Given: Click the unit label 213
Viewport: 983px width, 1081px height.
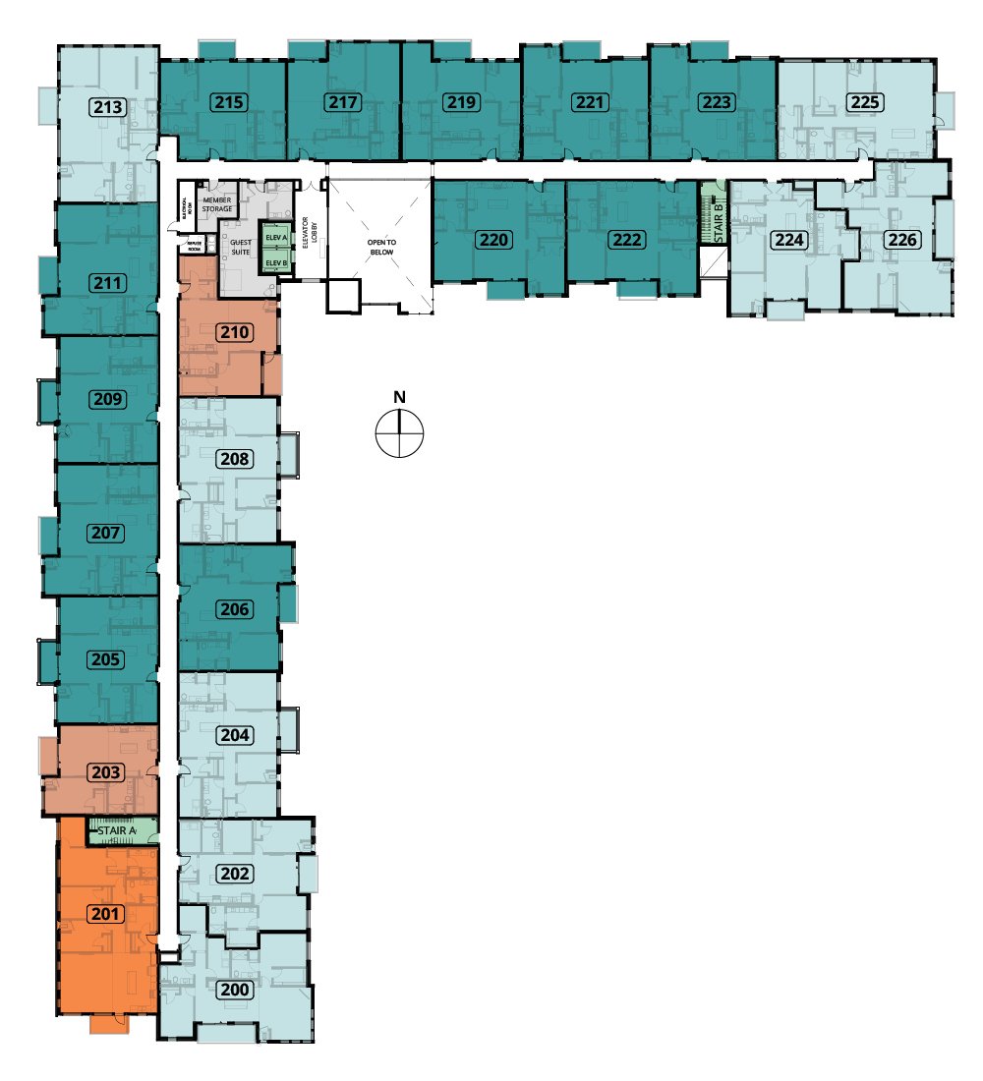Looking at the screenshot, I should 110,107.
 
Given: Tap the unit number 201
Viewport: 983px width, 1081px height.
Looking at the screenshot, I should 106,914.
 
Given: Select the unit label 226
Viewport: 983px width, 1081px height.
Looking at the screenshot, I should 901,239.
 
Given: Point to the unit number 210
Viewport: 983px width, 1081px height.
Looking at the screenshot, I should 234,332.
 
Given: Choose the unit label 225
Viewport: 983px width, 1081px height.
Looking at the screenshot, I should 865,102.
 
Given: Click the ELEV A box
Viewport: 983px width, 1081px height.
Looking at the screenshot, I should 275,238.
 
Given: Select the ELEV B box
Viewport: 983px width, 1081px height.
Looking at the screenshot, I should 275,263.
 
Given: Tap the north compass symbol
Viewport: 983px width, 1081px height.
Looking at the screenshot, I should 399,433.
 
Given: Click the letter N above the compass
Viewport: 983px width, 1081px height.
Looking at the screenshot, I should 399,397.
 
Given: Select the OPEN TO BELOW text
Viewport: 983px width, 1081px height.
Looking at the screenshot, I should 379,245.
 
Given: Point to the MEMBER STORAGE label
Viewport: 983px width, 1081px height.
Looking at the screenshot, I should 216,203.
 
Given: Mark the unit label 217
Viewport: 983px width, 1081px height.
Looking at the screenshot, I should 344,102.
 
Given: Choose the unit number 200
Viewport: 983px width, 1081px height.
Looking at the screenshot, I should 234,990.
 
